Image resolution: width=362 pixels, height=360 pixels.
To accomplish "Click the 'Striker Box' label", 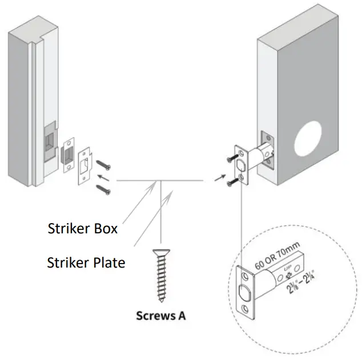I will pos(82,229).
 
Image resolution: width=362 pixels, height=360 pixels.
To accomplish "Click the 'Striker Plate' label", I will pos(86,262).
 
